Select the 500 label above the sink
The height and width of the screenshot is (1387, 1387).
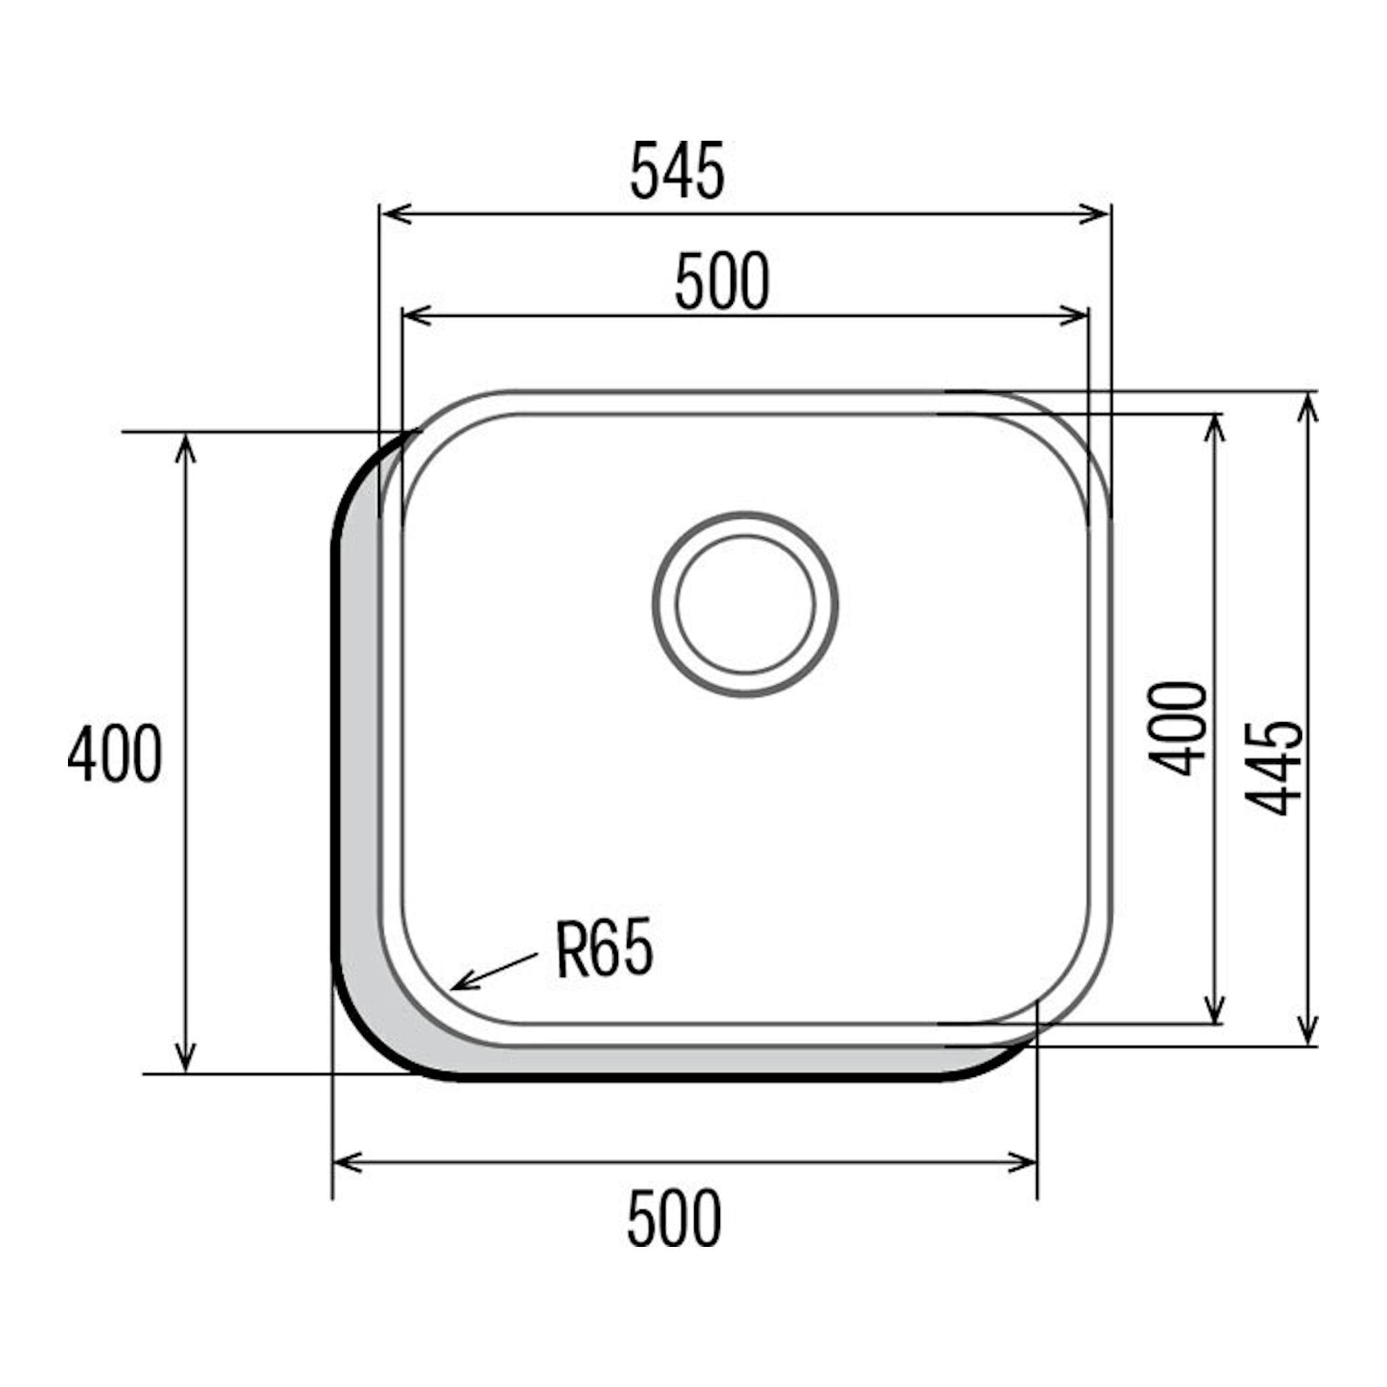pos(721,281)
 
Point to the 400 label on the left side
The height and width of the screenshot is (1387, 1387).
pos(115,754)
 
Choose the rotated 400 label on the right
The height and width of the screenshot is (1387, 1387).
pos(1178,729)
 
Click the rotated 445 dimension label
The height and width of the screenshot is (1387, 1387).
pos(1273,768)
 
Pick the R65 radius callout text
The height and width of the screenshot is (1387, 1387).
pos(604,949)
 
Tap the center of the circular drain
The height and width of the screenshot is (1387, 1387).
pos(745,604)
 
